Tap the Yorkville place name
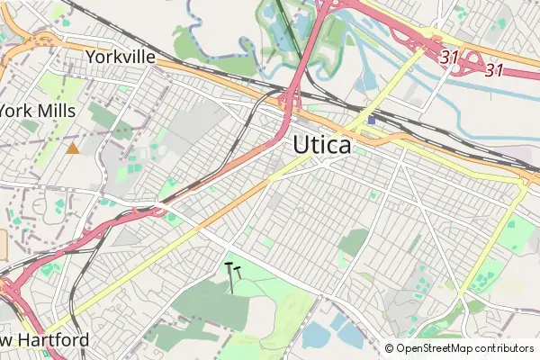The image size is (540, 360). pyautogui.click(x=121, y=57)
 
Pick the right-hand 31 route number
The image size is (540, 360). pyautogui.click(x=493, y=68)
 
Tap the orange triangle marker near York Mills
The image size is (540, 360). pyautogui.click(x=72, y=147)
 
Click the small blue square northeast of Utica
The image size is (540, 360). pyautogui.click(x=372, y=120)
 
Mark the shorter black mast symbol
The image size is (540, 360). pyautogui.click(x=238, y=271)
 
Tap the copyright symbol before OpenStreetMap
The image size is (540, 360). pyautogui.click(x=390, y=348)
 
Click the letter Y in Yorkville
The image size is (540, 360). pyautogui.click(x=90, y=57)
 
